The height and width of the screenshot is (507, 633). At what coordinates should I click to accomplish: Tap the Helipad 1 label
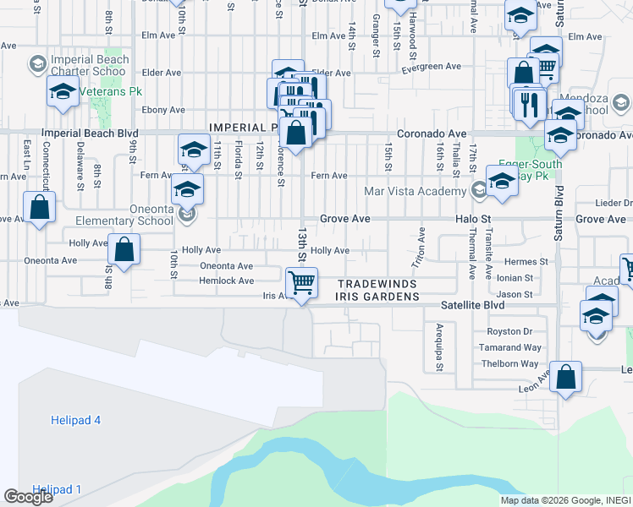pos(57,489)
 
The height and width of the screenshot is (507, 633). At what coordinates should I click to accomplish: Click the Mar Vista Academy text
pos(415,191)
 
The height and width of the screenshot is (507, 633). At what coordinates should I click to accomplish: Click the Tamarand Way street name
pos(519,347)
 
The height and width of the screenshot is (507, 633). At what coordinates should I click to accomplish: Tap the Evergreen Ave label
pos(432,66)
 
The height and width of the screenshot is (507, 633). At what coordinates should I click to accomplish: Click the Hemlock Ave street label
pos(226,281)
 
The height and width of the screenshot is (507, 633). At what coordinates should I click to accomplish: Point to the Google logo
pos(29,497)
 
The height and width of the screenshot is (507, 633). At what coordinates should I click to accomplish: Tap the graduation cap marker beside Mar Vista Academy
pos(502,182)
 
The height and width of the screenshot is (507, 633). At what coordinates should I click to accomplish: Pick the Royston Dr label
pos(514,331)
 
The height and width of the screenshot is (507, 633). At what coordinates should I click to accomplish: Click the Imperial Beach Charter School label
pos(91,65)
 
